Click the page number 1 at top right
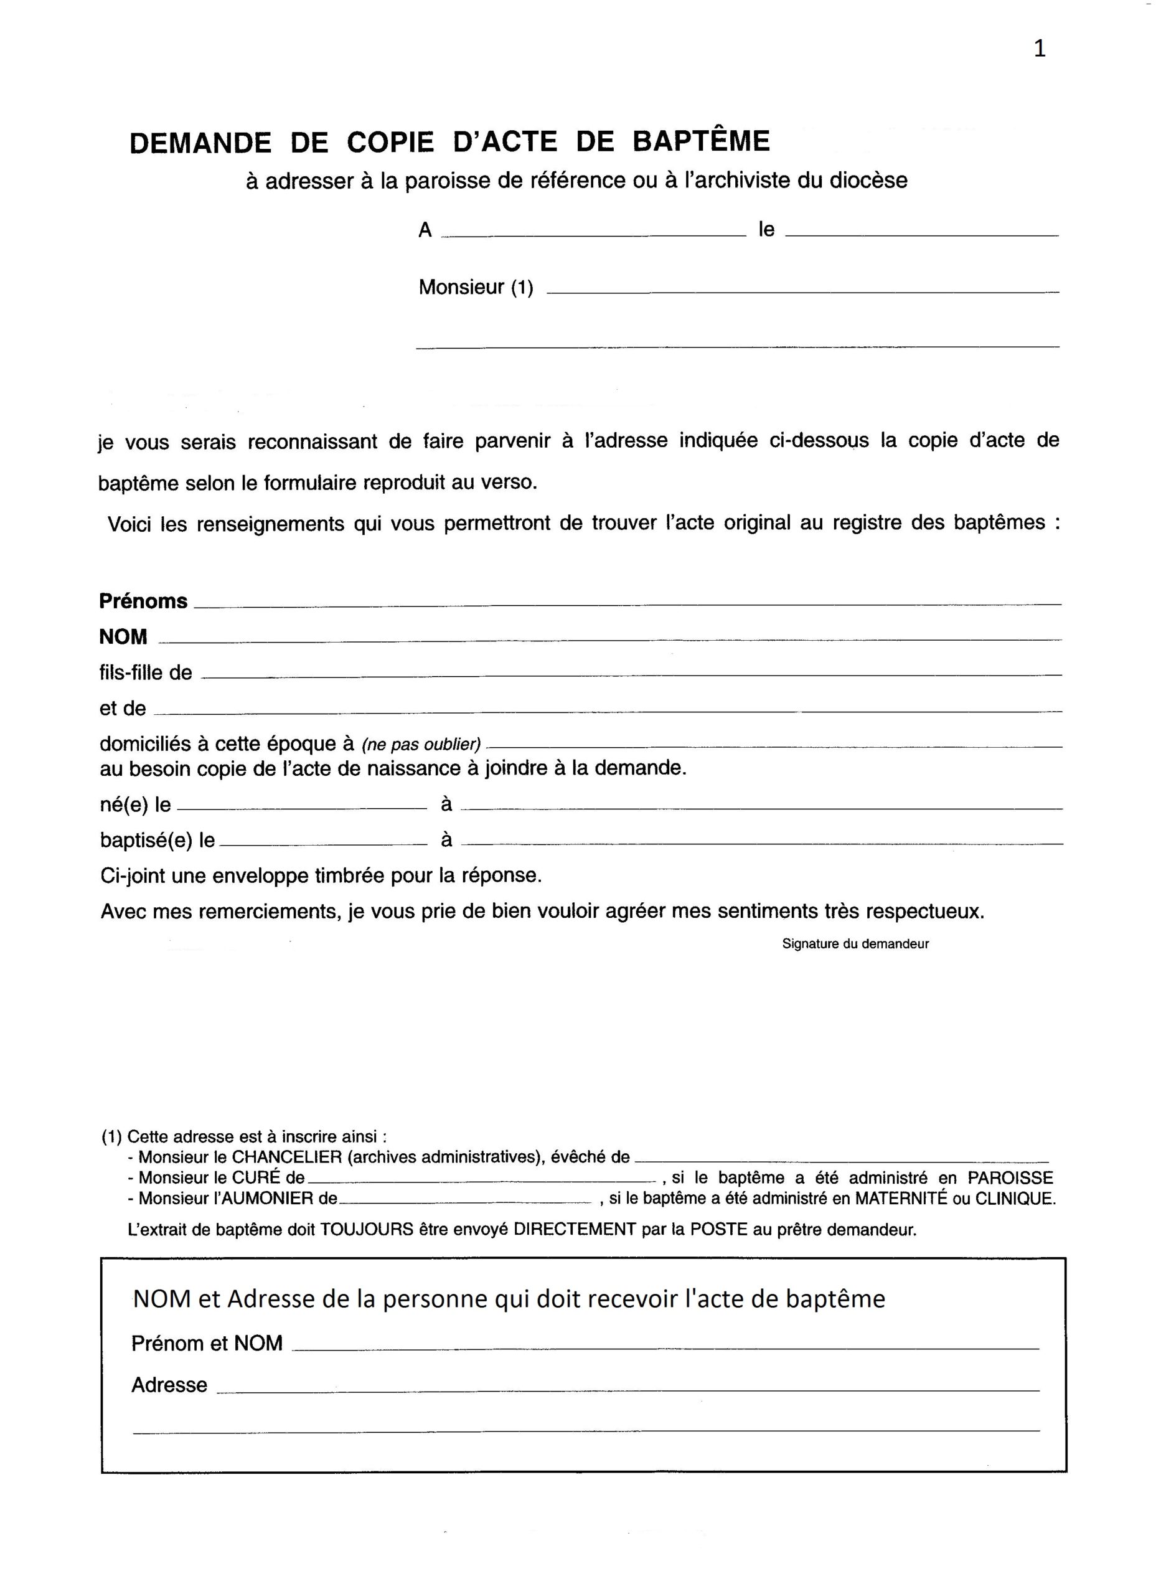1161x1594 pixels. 1040,49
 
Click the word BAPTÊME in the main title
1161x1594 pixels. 701,141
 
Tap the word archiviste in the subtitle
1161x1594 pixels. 737,181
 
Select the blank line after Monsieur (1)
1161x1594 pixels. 802,290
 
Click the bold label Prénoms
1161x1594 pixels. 143,601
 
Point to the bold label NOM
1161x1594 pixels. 123,637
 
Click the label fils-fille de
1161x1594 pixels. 146,672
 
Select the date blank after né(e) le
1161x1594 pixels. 302,808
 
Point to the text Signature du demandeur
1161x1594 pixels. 855,944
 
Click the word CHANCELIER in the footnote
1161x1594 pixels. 282,1156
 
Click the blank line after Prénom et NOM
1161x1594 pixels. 664,1347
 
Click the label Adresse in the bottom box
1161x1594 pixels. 169,1385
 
